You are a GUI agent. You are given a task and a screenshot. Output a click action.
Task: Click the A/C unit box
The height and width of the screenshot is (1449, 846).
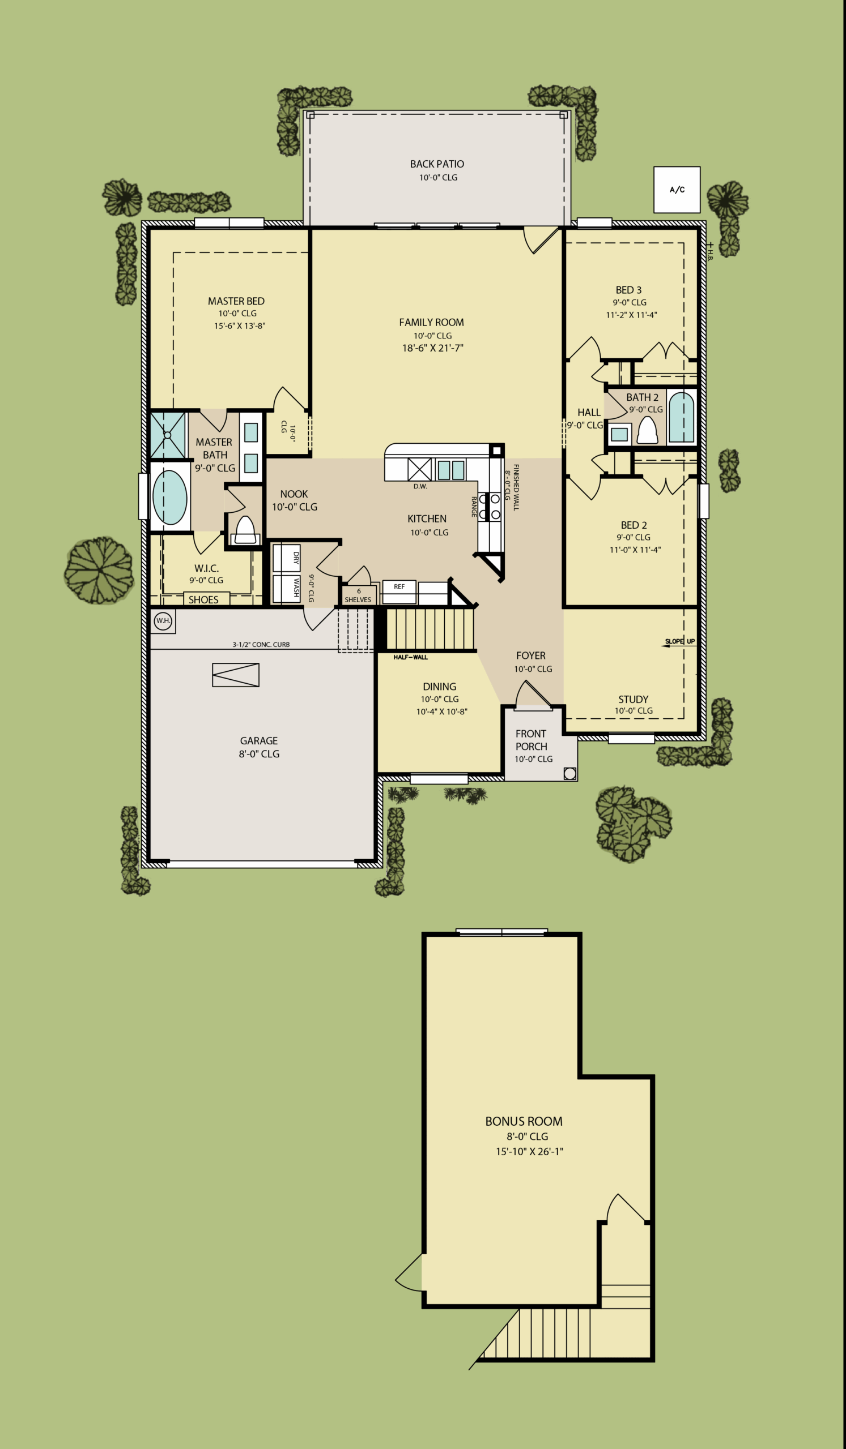coord(677,190)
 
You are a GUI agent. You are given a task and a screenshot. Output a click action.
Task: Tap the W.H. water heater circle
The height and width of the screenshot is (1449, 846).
coord(163,621)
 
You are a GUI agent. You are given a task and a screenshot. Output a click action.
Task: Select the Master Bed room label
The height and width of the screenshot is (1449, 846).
coord(236,301)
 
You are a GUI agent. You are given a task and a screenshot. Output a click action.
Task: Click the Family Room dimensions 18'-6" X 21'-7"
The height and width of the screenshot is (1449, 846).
coord(433,348)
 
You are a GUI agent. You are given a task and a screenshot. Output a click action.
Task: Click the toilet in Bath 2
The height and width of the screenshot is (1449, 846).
coord(648,430)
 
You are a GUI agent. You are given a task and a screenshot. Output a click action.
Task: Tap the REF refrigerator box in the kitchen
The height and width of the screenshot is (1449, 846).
coord(399,591)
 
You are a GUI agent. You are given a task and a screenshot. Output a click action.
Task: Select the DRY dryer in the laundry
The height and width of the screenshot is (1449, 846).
coord(286,558)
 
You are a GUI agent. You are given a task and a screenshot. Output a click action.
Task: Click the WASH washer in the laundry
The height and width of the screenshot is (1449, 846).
coord(286,589)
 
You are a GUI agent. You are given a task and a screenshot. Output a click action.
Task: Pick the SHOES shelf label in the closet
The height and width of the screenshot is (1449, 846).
coord(204,600)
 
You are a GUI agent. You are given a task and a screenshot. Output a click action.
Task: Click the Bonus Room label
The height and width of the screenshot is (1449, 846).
coord(524,1121)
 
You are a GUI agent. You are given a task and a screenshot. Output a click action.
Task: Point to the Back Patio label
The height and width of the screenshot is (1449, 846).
coord(437,165)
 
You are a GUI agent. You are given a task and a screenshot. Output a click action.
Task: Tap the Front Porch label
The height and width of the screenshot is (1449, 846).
coord(531,740)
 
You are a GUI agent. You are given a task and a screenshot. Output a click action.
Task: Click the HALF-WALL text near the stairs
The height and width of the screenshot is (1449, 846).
coord(411,657)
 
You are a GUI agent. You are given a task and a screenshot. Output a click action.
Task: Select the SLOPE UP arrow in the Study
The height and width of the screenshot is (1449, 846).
coord(678,646)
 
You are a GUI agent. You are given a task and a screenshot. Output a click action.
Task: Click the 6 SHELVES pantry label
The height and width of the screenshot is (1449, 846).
coord(358,595)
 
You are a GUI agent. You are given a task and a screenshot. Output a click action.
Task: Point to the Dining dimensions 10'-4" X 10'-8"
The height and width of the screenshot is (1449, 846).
coord(442,712)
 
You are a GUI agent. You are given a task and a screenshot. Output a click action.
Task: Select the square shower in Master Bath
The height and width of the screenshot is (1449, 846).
coord(168,435)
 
